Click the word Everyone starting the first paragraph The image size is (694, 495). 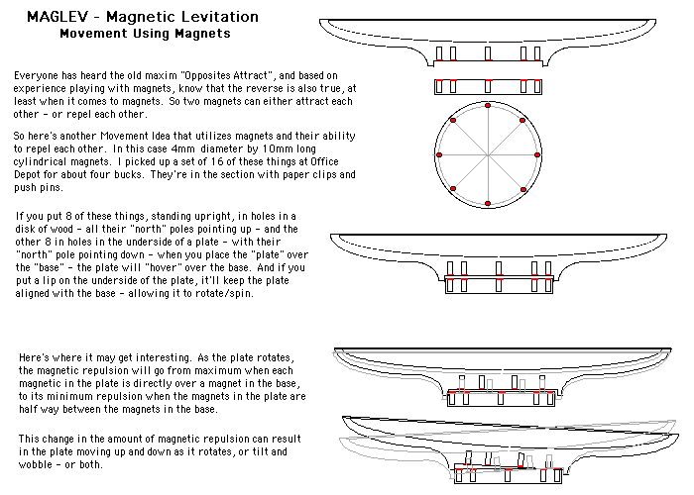click(x=37, y=75)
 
